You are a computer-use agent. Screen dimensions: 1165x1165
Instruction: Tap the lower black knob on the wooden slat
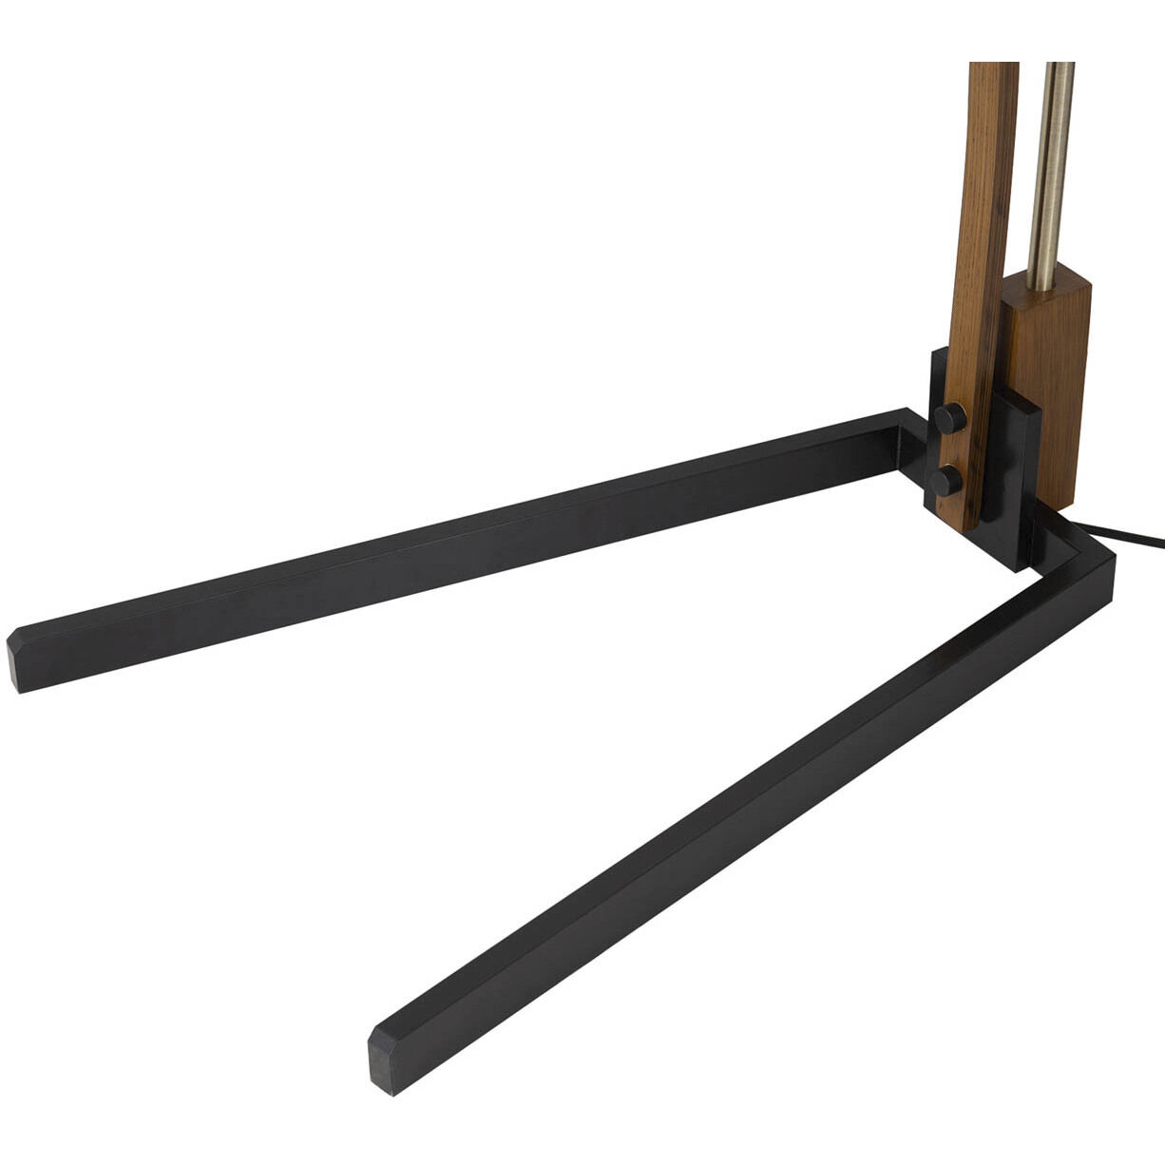point(947,480)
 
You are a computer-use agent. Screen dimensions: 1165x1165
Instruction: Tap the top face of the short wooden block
point(1055,285)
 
